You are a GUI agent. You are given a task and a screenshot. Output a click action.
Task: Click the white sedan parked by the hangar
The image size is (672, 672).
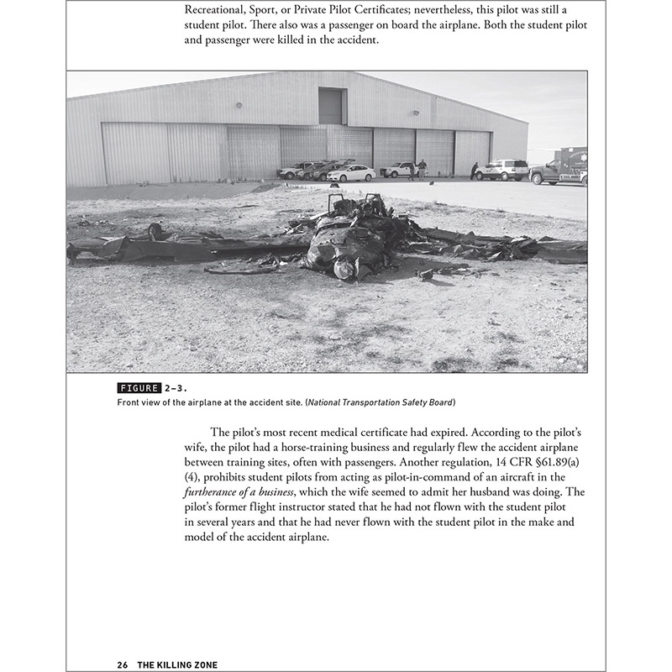[352, 173]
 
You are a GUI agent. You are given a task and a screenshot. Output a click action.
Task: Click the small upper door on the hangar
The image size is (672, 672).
[331, 107]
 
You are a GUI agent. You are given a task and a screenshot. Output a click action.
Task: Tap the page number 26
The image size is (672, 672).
[123, 664]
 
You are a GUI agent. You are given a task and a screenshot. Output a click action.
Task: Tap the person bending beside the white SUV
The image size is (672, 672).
[475, 170]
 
